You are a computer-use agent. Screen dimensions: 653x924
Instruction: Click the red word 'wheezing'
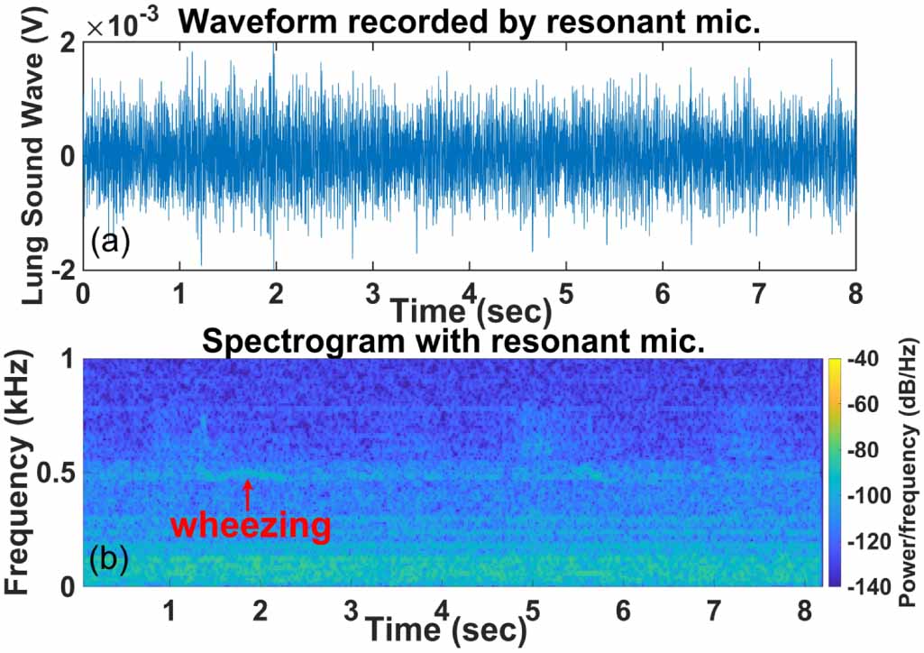coord(250,526)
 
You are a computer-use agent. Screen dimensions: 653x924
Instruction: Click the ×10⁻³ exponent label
coord(124,26)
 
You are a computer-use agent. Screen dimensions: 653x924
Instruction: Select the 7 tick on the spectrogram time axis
coord(713,610)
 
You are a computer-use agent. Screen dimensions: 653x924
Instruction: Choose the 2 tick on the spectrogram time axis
coord(261,610)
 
